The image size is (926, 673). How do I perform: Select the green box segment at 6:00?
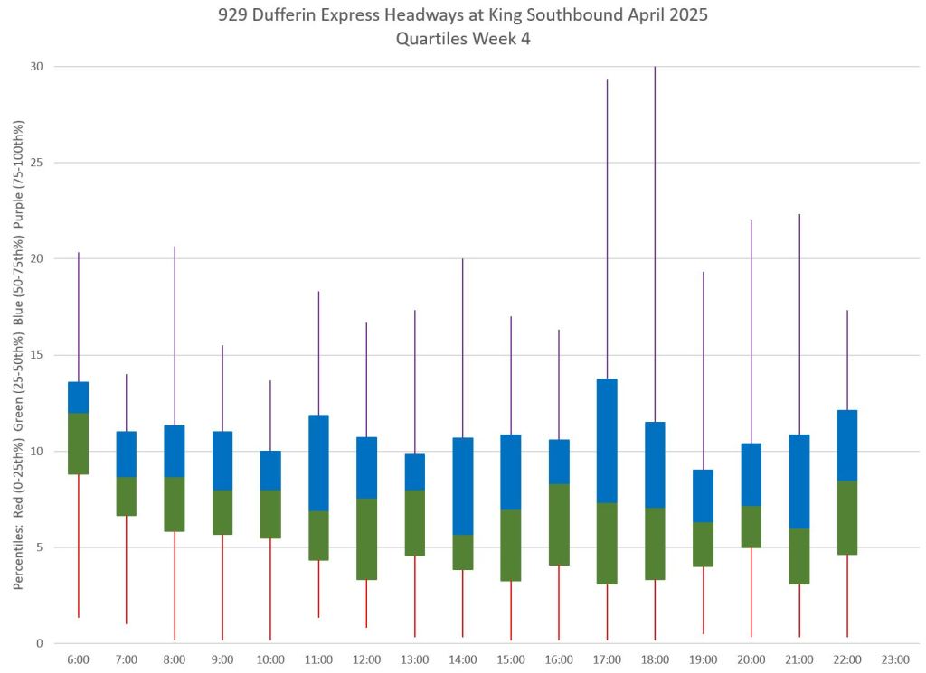(79, 443)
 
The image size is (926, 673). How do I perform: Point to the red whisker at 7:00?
(127, 569)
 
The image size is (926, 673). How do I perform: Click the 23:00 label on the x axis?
(895, 660)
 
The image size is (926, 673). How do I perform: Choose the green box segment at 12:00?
(367, 538)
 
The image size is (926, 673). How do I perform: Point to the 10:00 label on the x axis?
(270, 660)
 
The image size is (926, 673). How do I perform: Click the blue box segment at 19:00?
(703, 496)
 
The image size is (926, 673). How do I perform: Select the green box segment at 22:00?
(847, 517)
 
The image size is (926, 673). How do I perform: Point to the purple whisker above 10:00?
(270, 416)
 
